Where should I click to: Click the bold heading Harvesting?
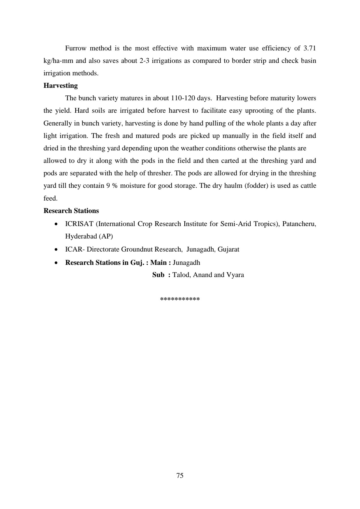(x=60, y=86)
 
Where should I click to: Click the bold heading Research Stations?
(x=71, y=211)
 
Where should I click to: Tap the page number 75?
(x=180, y=475)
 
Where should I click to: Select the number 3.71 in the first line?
(x=309, y=48)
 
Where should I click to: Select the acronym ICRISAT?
(x=79, y=224)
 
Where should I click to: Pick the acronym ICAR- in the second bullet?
(x=75, y=249)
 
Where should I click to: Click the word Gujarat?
(x=228, y=249)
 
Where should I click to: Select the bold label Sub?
(x=158, y=275)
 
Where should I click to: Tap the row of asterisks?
(x=180, y=299)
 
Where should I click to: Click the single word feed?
(x=50, y=198)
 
